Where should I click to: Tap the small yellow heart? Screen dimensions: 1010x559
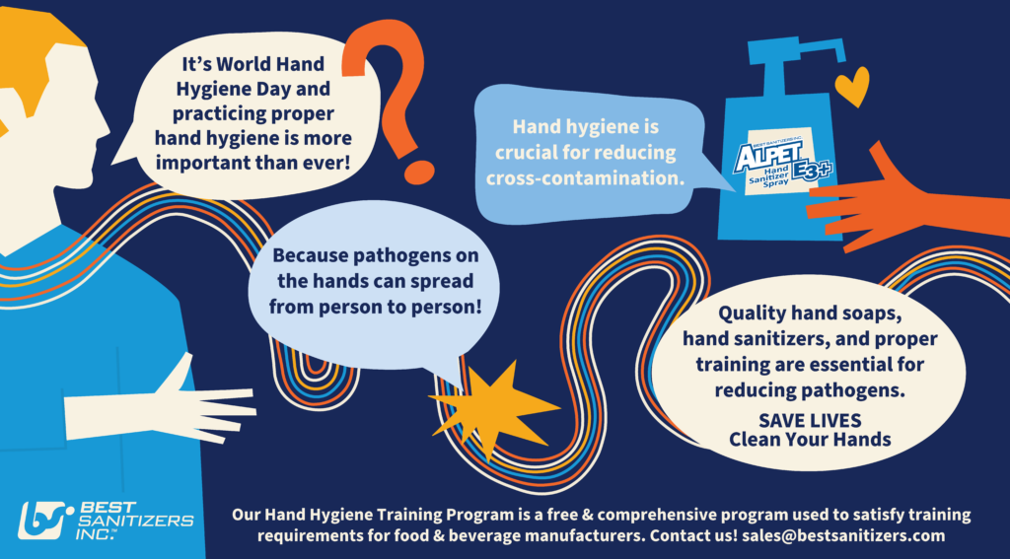coord(852,88)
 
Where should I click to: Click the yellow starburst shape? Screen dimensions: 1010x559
coord(492,408)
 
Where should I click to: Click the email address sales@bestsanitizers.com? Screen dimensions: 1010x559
coord(843,535)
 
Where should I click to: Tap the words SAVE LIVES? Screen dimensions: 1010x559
coord(810,421)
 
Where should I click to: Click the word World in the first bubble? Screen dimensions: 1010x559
coord(246,64)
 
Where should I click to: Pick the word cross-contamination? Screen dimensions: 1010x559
coord(584,177)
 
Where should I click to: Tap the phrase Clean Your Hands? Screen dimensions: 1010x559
coord(810,440)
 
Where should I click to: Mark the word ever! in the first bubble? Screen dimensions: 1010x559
coord(329,163)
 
